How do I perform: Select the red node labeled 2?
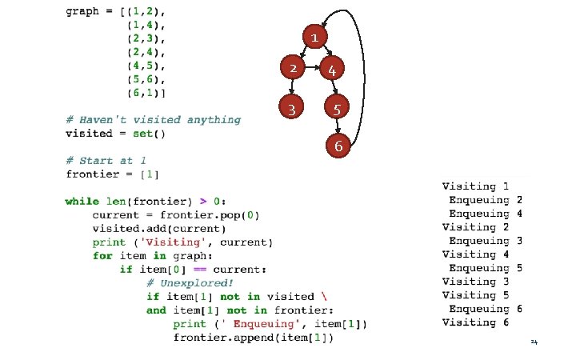coord(294,69)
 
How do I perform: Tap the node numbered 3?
coord(294,108)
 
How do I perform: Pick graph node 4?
coord(331,70)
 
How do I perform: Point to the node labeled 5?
coord(338,108)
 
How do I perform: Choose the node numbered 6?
coord(338,146)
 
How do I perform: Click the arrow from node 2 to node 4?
coord(312,69)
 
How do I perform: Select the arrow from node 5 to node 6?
coord(338,127)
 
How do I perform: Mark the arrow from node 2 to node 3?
coord(294,88)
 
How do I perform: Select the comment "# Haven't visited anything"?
coord(153,120)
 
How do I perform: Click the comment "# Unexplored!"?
coord(190,282)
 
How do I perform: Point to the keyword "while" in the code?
coord(82,202)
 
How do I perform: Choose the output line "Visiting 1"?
coord(475,186)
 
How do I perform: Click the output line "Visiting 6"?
coord(475,322)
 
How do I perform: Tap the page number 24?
coord(534,343)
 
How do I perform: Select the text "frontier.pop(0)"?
coord(209,215)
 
